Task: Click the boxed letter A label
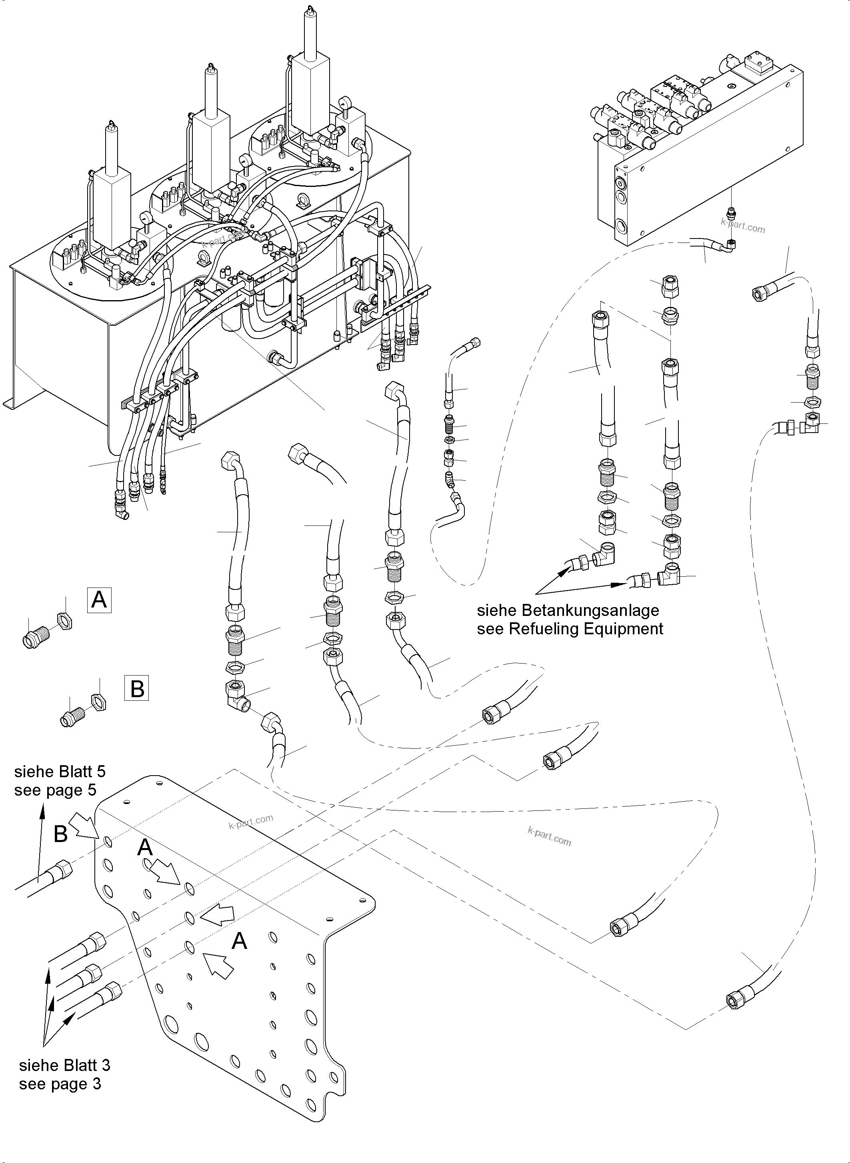point(99,600)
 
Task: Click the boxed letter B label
point(136,689)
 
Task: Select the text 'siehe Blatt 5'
point(60,771)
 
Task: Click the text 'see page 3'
point(60,1084)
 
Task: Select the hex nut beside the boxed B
point(98,702)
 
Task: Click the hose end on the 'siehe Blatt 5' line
point(60,870)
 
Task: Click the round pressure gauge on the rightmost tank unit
point(343,103)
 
